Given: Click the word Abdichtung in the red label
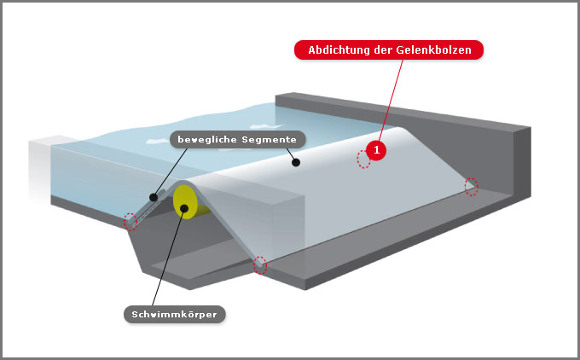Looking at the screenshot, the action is pos(339,50).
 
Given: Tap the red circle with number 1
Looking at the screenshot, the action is pos(376,150).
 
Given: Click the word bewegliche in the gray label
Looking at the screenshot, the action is pos(207,140).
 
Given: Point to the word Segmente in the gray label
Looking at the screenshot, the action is pos(269,140).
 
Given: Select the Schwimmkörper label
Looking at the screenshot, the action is pos(175,315).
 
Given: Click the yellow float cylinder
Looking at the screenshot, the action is pos(188,202).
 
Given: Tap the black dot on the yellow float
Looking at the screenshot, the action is pos(184,209).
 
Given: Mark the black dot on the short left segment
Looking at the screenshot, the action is pos(154,197).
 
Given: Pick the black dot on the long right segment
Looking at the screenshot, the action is pos(296,162).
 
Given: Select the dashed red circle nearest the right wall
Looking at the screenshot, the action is pos(471,187).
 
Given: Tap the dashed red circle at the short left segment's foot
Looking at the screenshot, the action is pos(130,222).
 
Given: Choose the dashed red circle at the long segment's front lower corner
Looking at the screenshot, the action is pos(260,265).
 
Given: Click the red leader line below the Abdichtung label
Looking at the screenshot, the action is pos(391,100).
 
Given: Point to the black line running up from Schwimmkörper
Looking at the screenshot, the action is pos(168,257).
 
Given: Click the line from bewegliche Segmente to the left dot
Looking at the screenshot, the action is pos(171,171).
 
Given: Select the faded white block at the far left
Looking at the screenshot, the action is pos(40,168).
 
